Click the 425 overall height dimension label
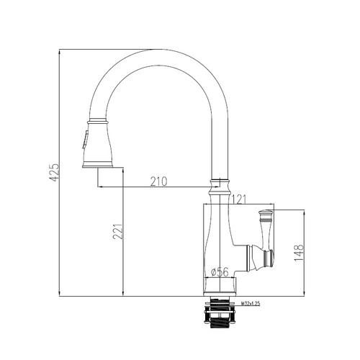point(54,172)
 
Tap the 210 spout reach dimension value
point(158,181)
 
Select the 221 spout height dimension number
point(117,232)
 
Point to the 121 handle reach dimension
point(238,199)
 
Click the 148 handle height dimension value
point(299,253)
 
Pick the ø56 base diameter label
point(220,272)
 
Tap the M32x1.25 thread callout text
point(251,304)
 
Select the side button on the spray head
point(84,140)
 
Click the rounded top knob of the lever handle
point(266,212)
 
